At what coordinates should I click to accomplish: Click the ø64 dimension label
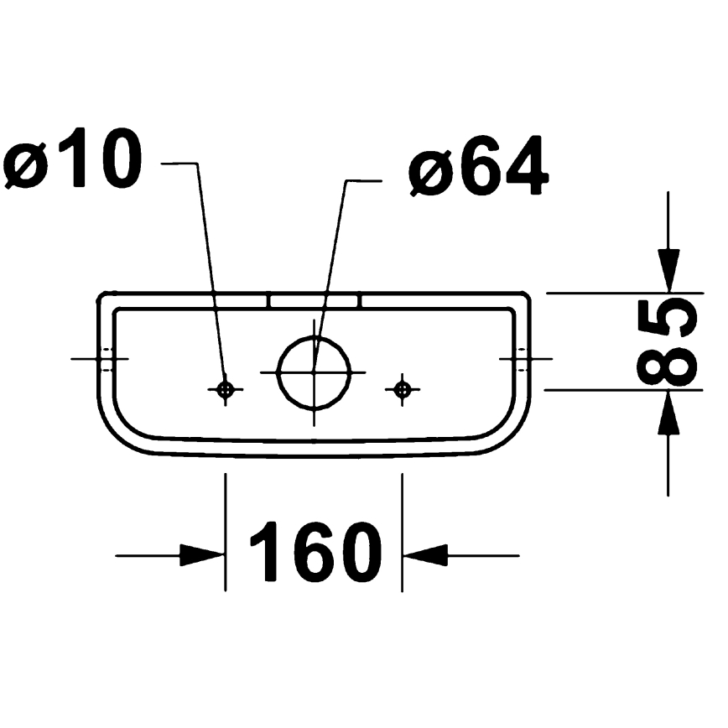[479, 169]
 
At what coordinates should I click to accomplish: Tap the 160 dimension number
[315, 553]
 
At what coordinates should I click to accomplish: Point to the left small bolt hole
[225, 388]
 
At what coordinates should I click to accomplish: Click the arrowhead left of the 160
[201, 554]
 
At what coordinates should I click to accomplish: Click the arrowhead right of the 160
[426, 554]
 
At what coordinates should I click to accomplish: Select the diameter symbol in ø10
[27, 164]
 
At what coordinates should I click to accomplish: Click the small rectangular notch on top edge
[315, 299]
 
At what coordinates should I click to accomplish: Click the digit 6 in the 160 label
[315, 553]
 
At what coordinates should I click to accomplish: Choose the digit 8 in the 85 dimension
[668, 366]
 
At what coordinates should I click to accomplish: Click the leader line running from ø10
[210, 268]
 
